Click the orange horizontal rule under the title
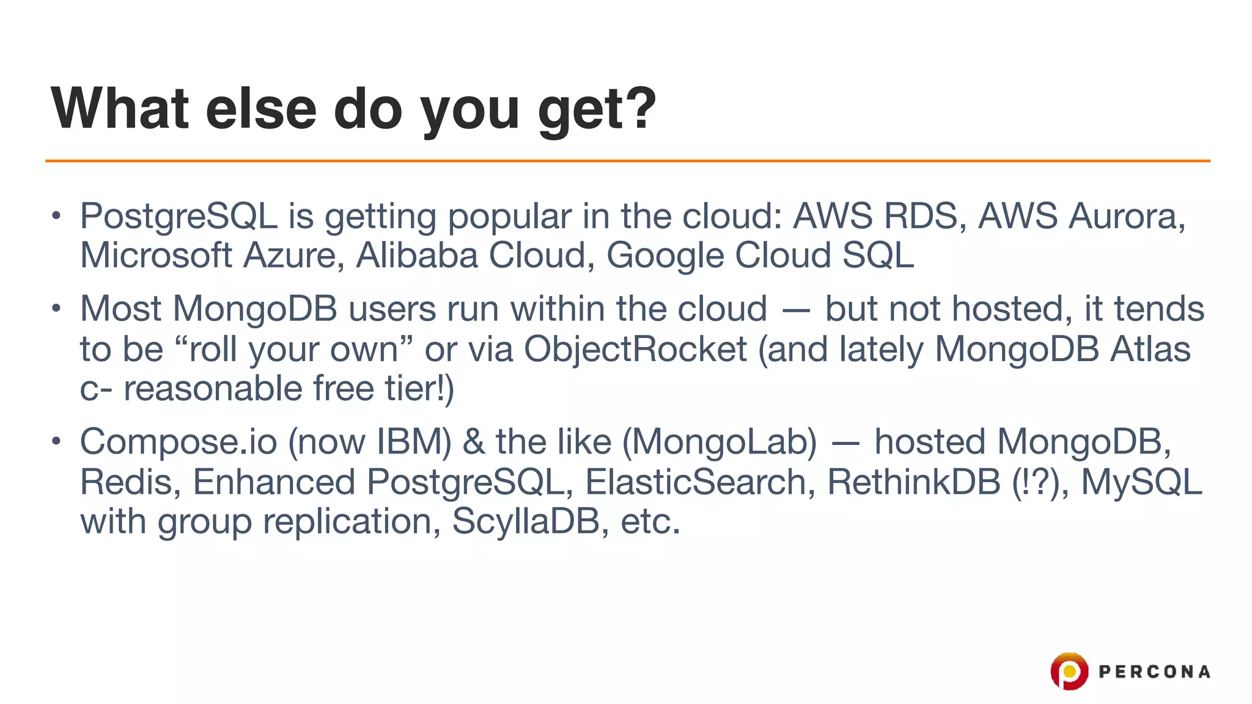(627, 161)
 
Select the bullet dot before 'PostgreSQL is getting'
(56, 216)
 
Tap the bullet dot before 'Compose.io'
(56, 441)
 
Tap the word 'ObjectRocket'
(635, 350)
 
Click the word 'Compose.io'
(179, 442)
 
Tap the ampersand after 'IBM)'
(474, 442)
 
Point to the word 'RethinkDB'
(913, 482)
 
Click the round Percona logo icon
(1069, 671)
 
